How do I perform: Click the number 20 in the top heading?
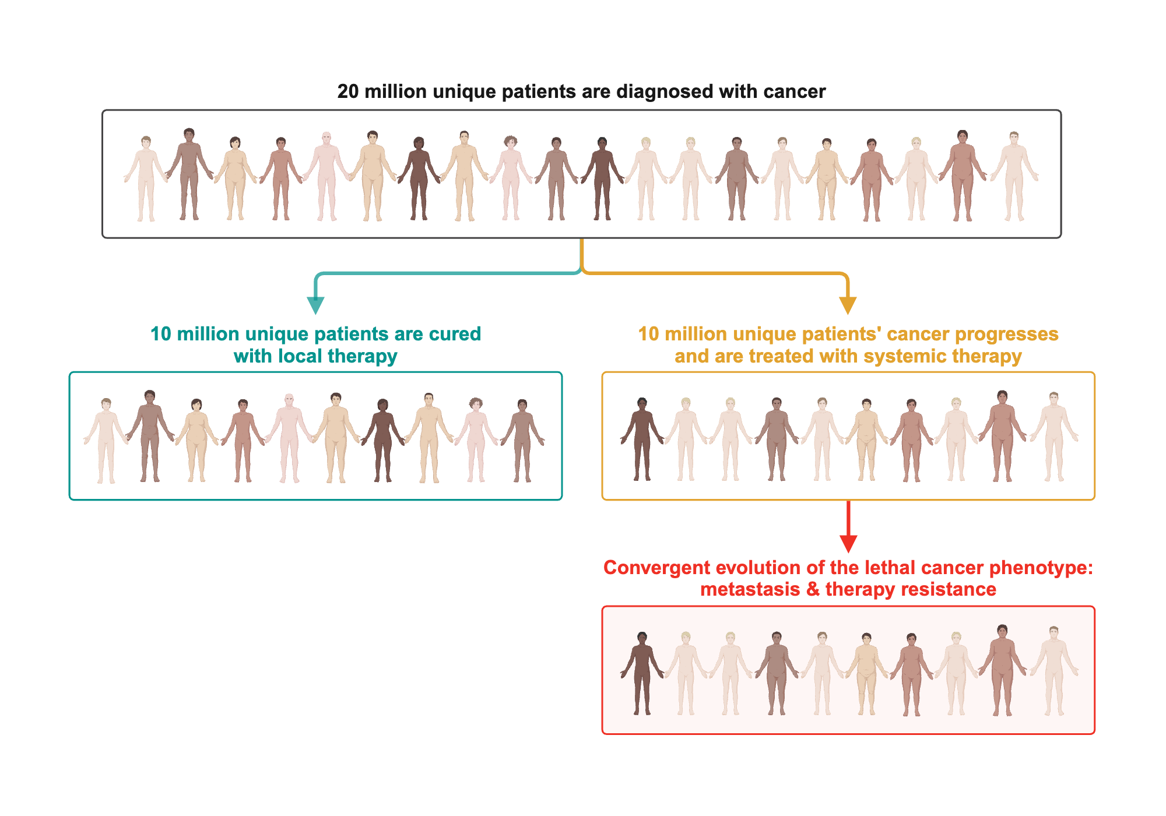[348, 92]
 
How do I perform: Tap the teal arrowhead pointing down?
[315, 305]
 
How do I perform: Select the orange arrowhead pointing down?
[848, 305]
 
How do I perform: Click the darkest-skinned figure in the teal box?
[382, 440]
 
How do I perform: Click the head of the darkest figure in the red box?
[642, 638]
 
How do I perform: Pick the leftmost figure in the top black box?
[146, 178]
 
